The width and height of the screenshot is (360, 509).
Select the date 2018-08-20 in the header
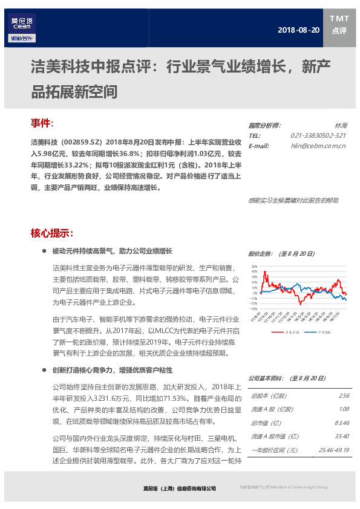click(x=298, y=30)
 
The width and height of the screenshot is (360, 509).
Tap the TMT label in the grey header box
click(x=339, y=19)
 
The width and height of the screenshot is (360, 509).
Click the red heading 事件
click(x=42, y=123)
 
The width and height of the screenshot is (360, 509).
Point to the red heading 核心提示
click(x=52, y=233)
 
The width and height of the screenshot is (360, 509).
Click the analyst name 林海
click(x=340, y=125)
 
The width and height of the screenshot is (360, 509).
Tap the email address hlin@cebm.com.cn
click(x=318, y=146)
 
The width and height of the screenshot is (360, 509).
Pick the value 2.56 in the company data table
click(x=344, y=396)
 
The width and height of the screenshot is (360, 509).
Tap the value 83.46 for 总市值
click(x=342, y=423)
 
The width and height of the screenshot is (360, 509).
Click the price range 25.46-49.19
click(x=335, y=450)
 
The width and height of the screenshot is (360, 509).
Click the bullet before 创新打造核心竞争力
click(x=45, y=370)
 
